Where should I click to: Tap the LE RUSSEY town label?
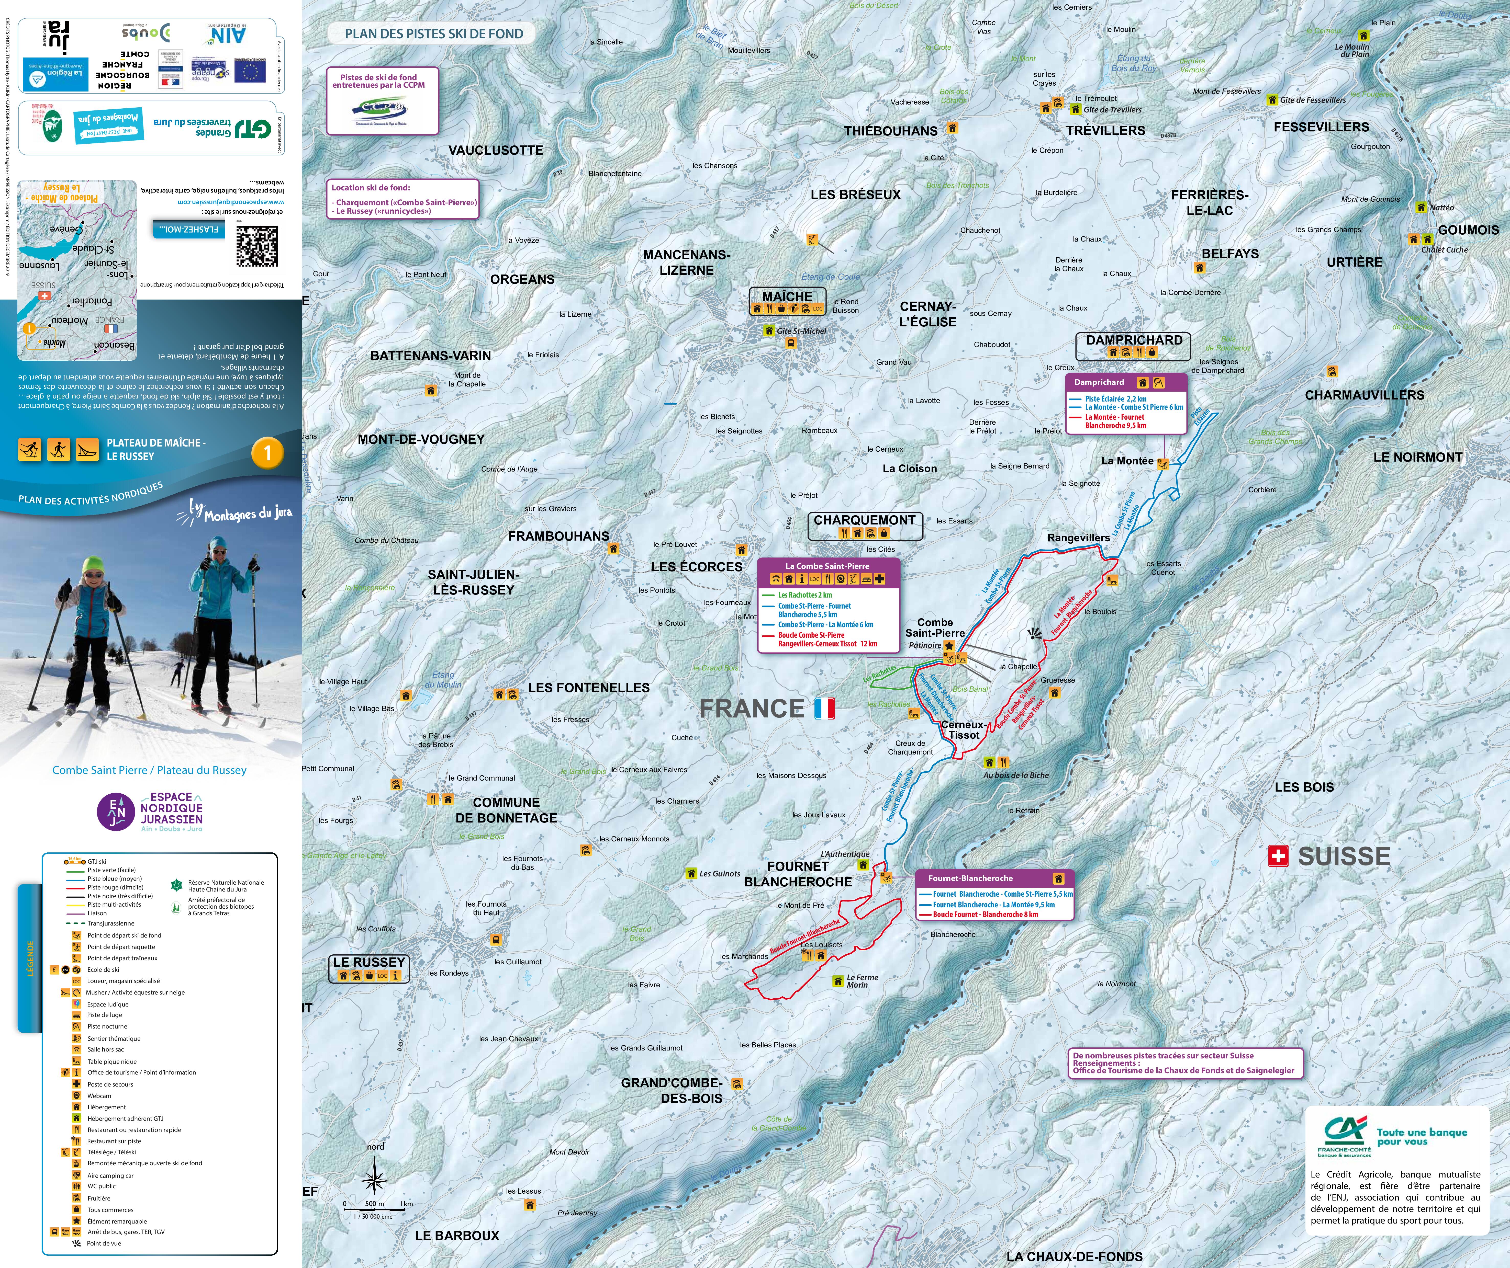coord(369,962)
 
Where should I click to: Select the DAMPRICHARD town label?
coord(1134,340)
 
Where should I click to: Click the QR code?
coord(257,246)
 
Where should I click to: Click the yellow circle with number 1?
coord(267,453)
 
